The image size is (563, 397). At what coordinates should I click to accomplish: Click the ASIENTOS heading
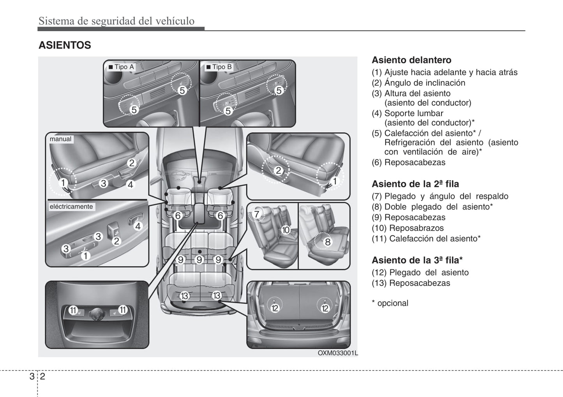(x=65, y=45)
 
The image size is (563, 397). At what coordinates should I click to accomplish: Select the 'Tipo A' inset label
(x=121, y=67)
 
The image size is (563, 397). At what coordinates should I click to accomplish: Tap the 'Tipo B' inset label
(x=219, y=67)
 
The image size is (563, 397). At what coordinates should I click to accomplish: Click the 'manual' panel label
(x=60, y=139)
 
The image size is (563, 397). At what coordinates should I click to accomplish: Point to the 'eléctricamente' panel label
(x=71, y=207)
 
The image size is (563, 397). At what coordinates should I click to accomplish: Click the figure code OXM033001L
(x=337, y=353)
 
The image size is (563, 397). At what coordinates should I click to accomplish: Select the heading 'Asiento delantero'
(x=411, y=60)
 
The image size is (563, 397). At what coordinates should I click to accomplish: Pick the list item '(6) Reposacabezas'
(x=408, y=162)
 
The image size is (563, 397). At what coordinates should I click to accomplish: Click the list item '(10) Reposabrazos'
(x=408, y=228)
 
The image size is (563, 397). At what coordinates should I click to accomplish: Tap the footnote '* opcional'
(x=390, y=303)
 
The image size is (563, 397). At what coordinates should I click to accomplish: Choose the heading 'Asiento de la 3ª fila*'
(x=417, y=260)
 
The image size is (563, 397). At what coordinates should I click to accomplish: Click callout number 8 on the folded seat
(x=328, y=242)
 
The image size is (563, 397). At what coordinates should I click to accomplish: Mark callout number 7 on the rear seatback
(x=256, y=214)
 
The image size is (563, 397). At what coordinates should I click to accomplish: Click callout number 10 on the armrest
(x=286, y=230)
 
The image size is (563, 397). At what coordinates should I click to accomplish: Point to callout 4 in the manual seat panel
(x=131, y=185)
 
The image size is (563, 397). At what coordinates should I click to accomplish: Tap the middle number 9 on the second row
(x=199, y=259)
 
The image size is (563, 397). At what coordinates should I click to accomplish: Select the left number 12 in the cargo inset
(x=275, y=308)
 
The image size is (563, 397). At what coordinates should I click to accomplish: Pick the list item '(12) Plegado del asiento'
(x=420, y=273)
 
